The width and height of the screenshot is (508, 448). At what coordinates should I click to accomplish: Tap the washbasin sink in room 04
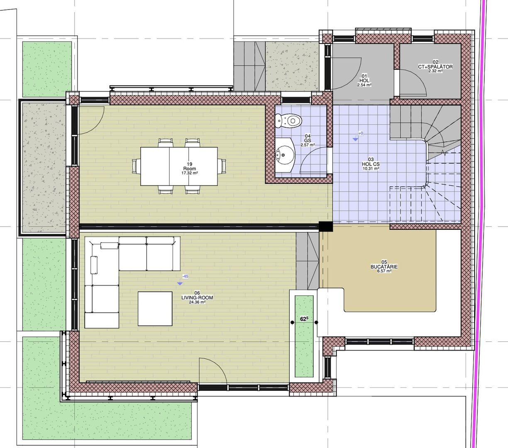point(285,155)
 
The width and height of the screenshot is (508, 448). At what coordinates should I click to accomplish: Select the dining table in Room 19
point(179,166)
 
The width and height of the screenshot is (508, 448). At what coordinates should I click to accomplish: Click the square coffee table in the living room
point(155,309)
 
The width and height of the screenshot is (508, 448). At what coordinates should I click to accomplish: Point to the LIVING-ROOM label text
point(197,297)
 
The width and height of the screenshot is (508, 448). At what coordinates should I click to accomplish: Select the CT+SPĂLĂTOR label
point(435,67)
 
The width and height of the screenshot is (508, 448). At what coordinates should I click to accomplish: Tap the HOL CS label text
point(371,164)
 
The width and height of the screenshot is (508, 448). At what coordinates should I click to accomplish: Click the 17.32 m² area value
point(190,173)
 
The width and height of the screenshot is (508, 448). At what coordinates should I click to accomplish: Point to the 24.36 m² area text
point(197,302)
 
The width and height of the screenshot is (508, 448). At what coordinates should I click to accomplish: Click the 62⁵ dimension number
point(304,319)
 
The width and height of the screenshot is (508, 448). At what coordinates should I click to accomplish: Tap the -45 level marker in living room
point(185,276)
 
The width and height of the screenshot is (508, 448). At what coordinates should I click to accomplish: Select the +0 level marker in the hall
point(361,134)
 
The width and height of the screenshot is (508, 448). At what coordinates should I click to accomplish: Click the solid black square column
point(326,226)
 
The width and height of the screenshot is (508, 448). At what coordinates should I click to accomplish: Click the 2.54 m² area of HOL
point(364,85)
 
